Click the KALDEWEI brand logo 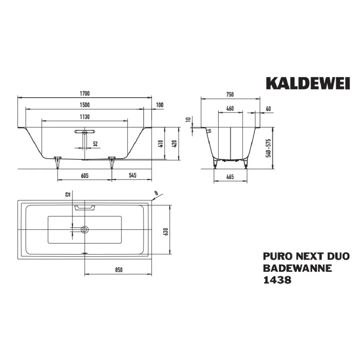(x=307, y=84)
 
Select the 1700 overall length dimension (x=85, y=94)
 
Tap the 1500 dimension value (x=85, y=105)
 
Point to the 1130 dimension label (x=85, y=117)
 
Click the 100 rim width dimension (x=159, y=105)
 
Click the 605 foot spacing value (x=85, y=175)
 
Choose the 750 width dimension (x=229, y=94)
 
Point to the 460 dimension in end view (x=229, y=108)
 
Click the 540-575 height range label (x=269, y=148)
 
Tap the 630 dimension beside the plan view (x=166, y=230)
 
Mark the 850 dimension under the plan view (x=118, y=270)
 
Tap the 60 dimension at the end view (x=268, y=108)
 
